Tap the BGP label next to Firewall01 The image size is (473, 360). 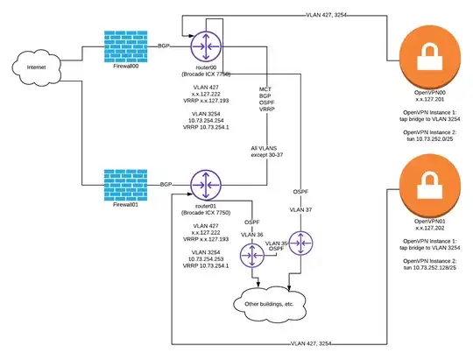coord(165,186)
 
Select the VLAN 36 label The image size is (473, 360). coord(252,234)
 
